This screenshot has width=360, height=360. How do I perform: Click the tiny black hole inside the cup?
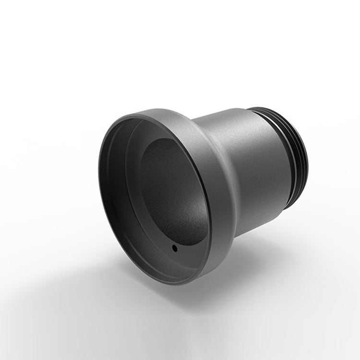[174, 249]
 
